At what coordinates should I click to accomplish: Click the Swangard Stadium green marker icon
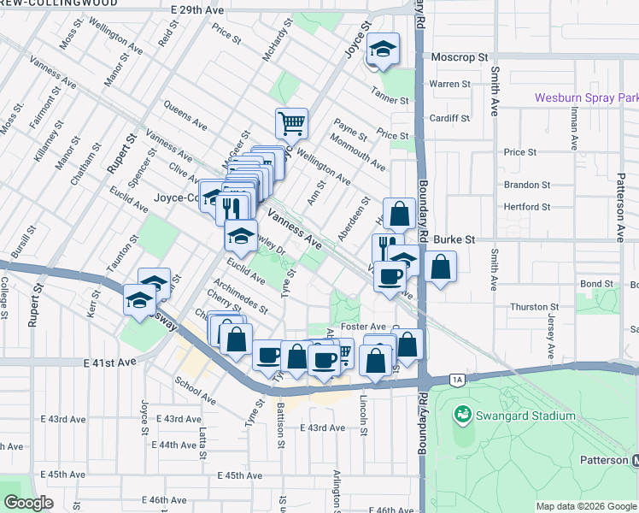[x=463, y=415]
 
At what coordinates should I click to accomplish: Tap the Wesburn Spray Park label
[x=586, y=98]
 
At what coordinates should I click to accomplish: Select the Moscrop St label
[x=459, y=57]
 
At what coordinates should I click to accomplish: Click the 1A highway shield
[x=457, y=379]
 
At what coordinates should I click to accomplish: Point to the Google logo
[x=28, y=503]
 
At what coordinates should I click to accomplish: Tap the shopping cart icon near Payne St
[x=291, y=123]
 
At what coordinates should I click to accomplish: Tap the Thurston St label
[x=534, y=307]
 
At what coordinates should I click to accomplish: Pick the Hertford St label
[x=527, y=207]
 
